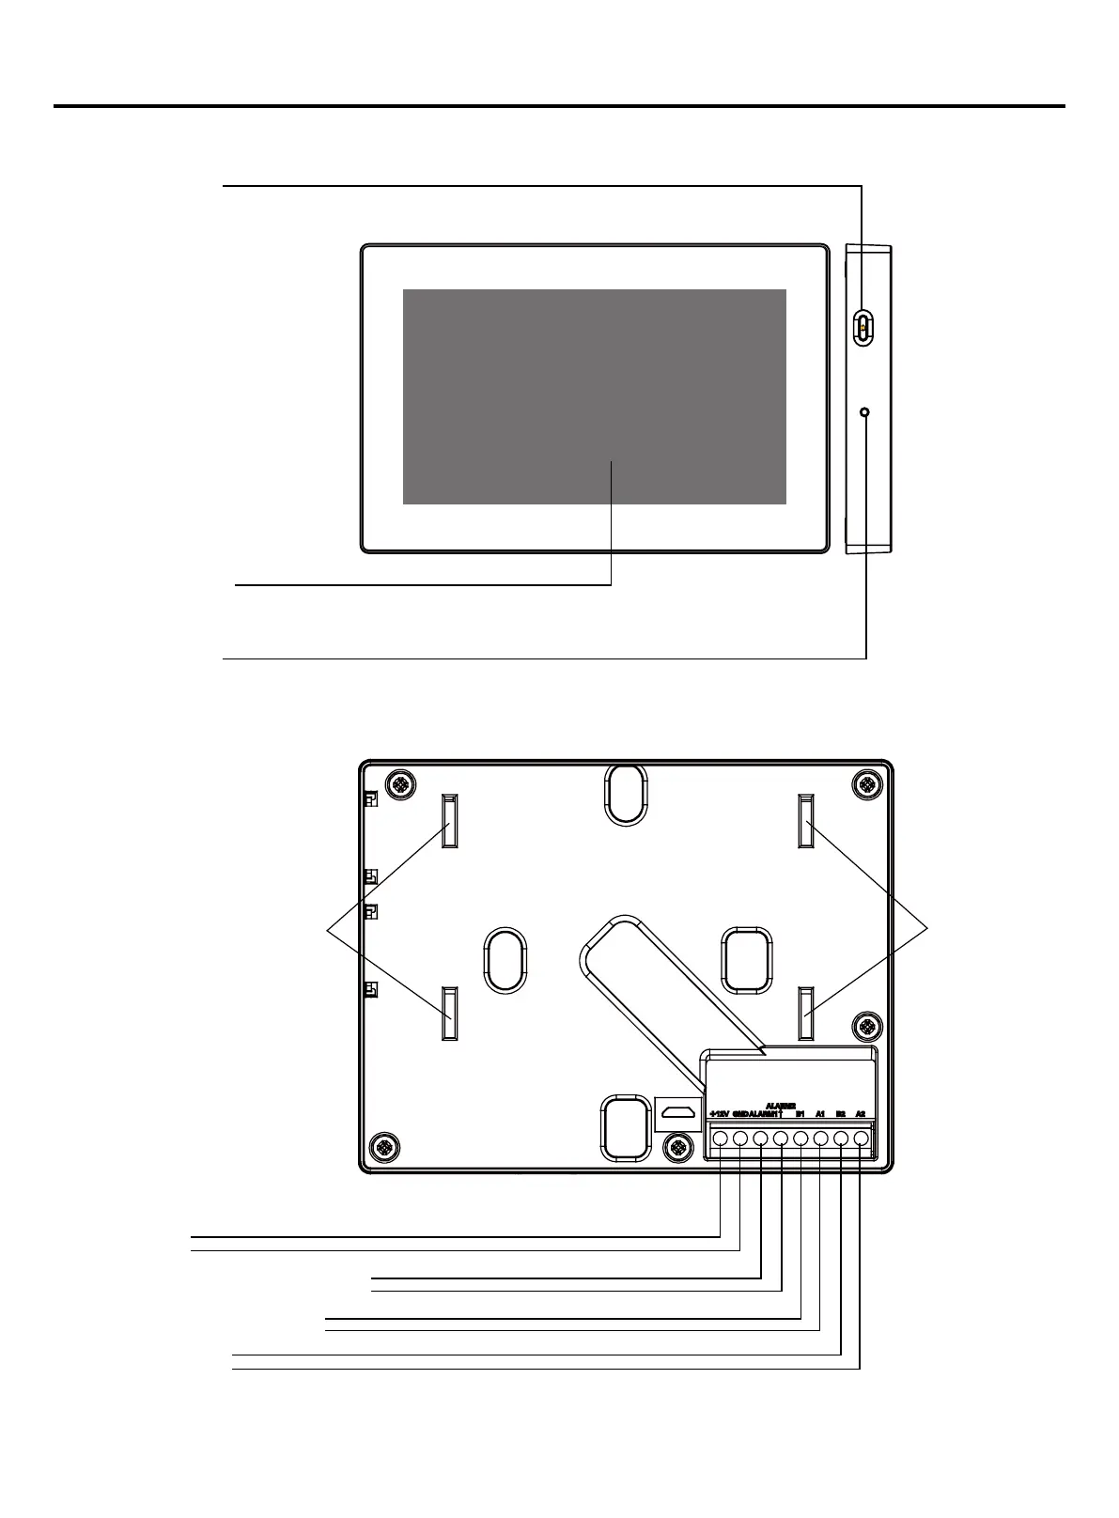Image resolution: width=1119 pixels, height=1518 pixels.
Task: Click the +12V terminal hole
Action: [720, 1138]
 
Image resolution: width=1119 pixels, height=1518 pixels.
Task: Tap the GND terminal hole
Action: [740, 1138]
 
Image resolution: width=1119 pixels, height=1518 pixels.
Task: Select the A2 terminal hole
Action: [861, 1138]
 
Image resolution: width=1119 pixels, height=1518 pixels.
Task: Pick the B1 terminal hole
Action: [800, 1138]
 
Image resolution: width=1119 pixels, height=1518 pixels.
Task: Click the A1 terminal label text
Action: [820, 1114]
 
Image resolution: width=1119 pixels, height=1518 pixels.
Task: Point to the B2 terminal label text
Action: [841, 1114]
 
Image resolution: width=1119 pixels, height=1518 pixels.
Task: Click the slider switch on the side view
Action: [863, 326]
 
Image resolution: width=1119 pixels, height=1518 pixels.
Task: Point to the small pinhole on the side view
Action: [864, 411]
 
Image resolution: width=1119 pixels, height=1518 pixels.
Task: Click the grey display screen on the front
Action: [594, 396]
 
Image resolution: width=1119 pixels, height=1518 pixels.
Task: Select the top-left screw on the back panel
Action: [400, 783]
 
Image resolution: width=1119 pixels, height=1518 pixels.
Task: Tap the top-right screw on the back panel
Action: [865, 783]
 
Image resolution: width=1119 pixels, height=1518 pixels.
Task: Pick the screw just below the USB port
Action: [676, 1146]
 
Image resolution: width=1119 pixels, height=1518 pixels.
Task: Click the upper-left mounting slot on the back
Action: [449, 821]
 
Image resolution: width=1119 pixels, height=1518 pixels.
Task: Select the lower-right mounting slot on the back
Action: [806, 1014]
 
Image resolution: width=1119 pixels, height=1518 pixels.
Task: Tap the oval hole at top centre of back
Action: [625, 794]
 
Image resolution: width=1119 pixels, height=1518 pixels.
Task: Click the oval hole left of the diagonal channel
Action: [505, 960]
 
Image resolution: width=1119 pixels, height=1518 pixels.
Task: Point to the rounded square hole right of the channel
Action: [747, 959]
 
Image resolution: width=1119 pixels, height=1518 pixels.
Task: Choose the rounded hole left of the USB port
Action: [624, 1128]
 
